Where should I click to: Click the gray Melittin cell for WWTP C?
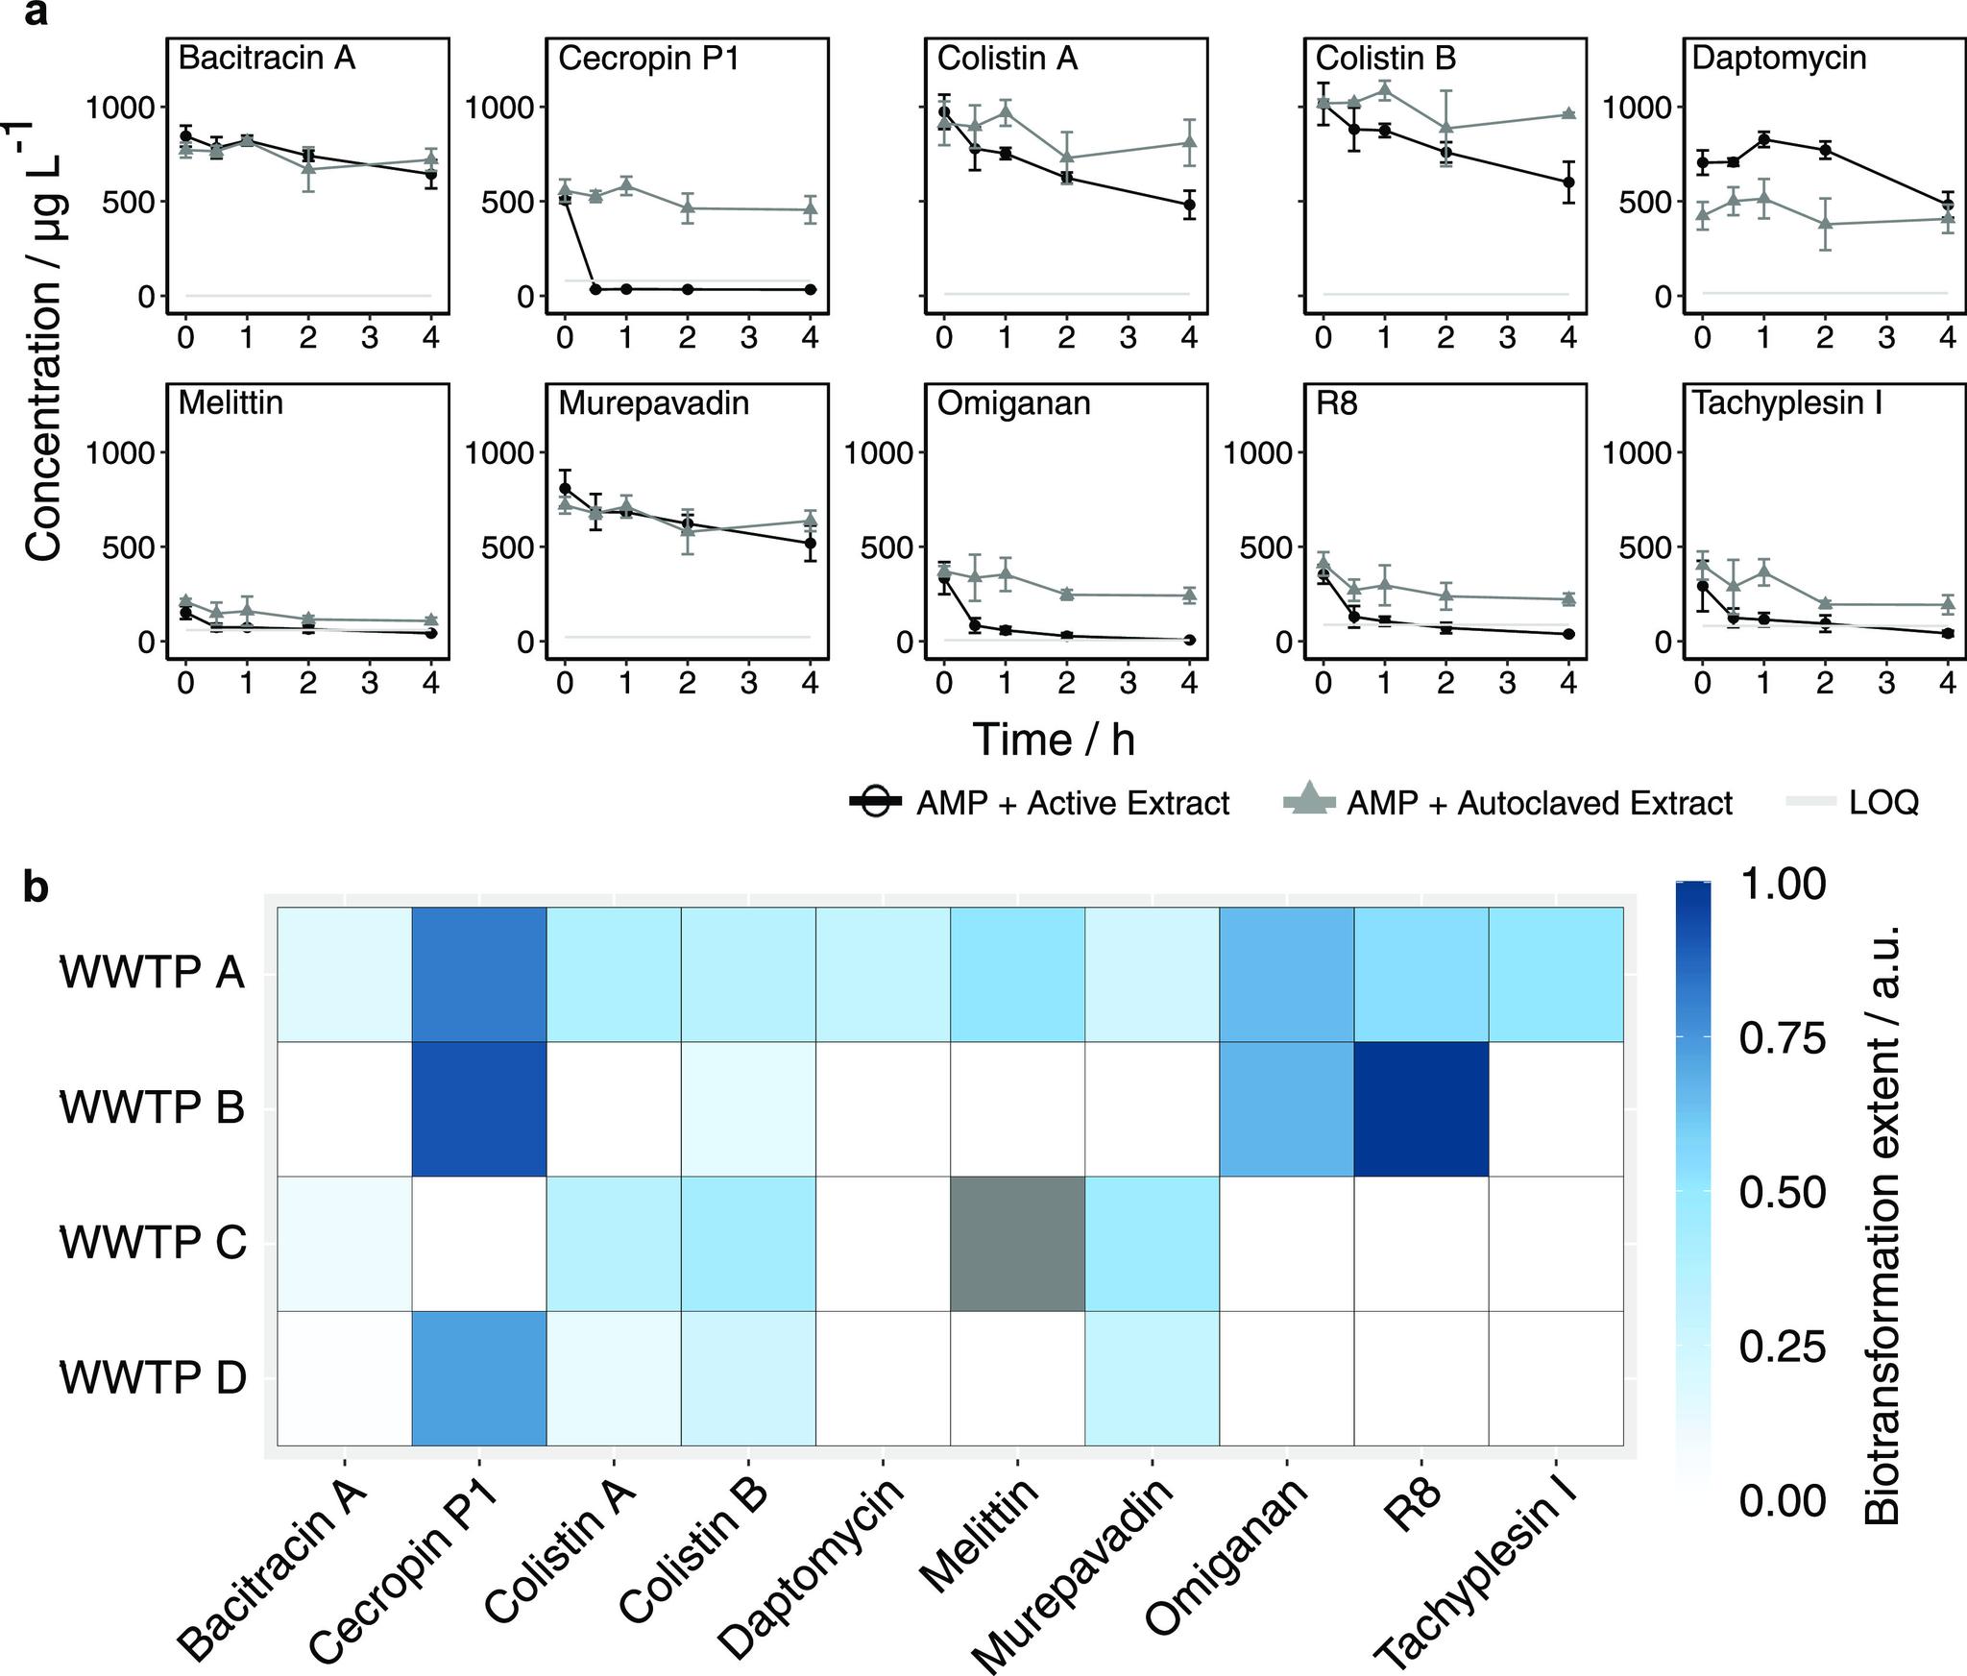(x=1017, y=1243)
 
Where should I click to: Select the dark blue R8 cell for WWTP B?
(x=1421, y=1108)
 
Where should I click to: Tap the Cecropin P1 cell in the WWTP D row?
(x=479, y=1377)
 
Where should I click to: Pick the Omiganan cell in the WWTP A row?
(x=1286, y=974)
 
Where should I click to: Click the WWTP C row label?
(x=154, y=1243)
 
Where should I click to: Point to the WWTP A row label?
(x=154, y=974)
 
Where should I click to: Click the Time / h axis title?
(x=1054, y=740)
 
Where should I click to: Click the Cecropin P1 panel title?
(x=649, y=59)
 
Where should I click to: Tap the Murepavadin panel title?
(x=653, y=403)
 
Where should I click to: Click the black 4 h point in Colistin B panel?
(x=1568, y=182)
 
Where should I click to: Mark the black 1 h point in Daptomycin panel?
(x=1763, y=139)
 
